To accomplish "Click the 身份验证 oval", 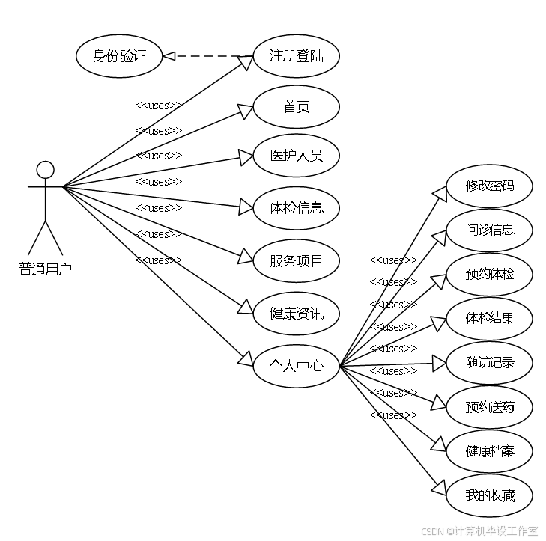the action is pyautogui.click(x=119, y=56).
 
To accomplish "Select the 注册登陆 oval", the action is pyautogui.click(x=296, y=56).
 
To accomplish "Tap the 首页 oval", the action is pyautogui.click(x=296, y=107).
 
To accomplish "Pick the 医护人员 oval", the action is pyautogui.click(x=296, y=156).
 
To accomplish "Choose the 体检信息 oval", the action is pyautogui.click(x=296, y=207).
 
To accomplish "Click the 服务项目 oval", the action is pyautogui.click(x=296, y=261).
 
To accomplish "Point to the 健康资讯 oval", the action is pyautogui.click(x=296, y=314).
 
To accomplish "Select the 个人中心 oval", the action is pyautogui.click(x=296, y=366).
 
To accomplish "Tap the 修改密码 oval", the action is pyautogui.click(x=489, y=186).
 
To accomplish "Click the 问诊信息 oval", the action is pyautogui.click(x=489, y=230).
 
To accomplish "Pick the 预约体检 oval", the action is pyautogui.click(x=489, y=274).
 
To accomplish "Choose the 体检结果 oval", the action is pyautogui.click(x=489, y=319).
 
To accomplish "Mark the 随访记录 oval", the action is pyautogui.click(x=489, y=363).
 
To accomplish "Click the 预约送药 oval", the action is pyautogui.click(x=489, y=407).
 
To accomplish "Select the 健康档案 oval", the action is pyautogui.click(x=489, y=451).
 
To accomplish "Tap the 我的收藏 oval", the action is pyautogui.click(x=489, y=495).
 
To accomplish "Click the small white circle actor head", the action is pyautogui.click(x=46, y=170).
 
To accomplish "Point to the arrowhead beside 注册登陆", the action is pyautogui.click(x=245, y=62).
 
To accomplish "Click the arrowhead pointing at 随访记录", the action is pyautogui.click(x=439, y=363).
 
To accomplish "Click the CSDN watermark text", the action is pyautogui.click(x=479, y=531).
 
